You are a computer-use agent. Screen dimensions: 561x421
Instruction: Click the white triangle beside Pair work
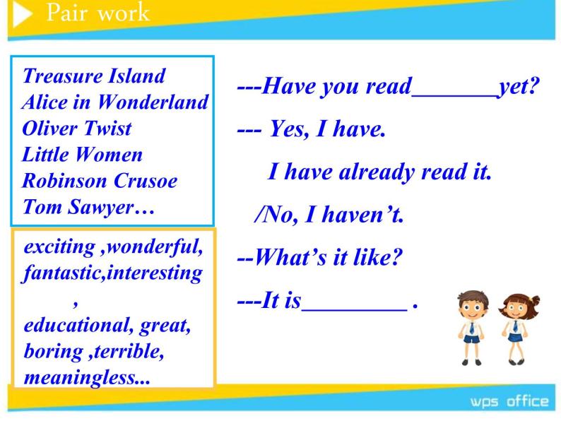20,14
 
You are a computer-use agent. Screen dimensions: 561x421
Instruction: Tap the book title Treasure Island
94,76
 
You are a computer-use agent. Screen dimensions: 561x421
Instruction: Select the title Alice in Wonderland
115,102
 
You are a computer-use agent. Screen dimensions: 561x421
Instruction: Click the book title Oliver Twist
77,128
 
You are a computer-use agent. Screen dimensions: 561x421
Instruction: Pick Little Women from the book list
82,155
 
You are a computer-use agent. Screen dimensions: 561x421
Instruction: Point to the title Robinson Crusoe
100,181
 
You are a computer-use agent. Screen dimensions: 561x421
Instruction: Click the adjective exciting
60,247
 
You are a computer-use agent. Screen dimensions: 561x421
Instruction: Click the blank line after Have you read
455,96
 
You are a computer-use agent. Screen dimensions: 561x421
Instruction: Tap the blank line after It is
355,310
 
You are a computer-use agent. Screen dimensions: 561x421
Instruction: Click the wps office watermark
509,402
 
